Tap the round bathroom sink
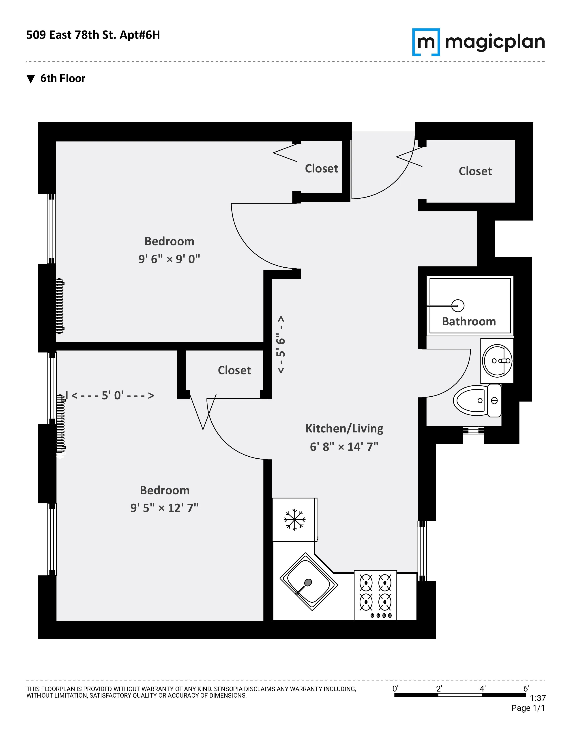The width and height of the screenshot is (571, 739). coord(497,361)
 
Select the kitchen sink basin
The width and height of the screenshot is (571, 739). coord(309,582)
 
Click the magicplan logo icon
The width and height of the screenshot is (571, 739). coord(426,42)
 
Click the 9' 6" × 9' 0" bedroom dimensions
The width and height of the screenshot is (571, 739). coord(169,259)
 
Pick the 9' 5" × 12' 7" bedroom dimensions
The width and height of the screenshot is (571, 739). coord(164,508)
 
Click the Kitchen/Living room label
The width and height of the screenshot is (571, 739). coord(344,428)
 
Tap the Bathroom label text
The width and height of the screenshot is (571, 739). coord(469,321)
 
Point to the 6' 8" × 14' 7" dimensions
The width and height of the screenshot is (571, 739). coord(344,447)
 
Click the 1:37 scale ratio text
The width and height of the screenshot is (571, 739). coord(537,698)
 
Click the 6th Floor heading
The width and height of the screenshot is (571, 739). coord(62,79)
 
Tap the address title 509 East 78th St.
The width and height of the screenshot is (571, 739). coord(93,35)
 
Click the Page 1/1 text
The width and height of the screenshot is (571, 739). coord(528,708)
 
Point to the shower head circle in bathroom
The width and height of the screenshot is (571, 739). coord(458,305)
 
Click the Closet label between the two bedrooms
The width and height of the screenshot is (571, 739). coord(234,370)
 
